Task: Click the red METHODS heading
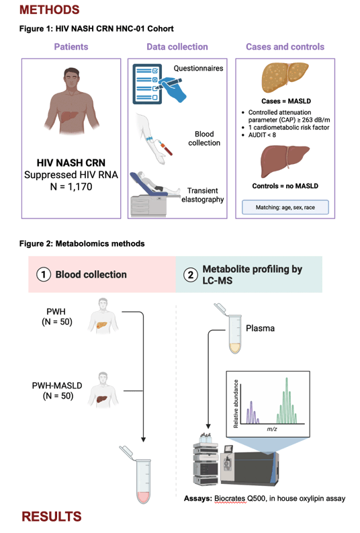tap(49, 9)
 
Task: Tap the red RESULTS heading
tap(52, 516)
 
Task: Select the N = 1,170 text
tap(71, 187)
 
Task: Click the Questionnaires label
tap(198, 69)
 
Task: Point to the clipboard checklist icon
tap(147, 84)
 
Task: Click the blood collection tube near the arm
tap(167, 149)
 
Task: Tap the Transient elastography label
tap(202, 195)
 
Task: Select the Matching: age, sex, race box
tap(285, 208)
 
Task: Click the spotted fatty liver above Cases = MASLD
tap(285, 77)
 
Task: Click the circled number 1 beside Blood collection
tap(44, 274)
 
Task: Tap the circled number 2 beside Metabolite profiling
tap(191, 275)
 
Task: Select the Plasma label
tap(260, 329)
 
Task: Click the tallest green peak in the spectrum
tap(287, 401)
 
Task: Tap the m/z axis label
tap(272, 429)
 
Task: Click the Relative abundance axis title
tap(236, 403)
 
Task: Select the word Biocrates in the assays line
tap(230, 499)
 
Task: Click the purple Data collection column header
tap(177, 46)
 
